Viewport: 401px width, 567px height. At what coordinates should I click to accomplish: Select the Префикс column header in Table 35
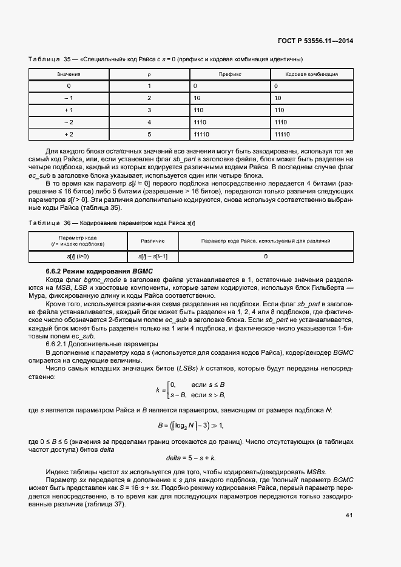tap(230, 73)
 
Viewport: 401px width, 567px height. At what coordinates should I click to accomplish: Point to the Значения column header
tap(69, 73)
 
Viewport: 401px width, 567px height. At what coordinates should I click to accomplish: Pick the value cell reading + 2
tap(69, 134)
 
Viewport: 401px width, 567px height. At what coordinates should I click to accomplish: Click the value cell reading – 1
tap(69, 98)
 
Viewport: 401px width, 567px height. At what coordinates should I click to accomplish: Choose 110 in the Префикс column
tap(198, 110)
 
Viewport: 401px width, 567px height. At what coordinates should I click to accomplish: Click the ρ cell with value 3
tap(149, 110)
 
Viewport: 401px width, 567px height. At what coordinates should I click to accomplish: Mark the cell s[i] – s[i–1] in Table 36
tap(149, 257)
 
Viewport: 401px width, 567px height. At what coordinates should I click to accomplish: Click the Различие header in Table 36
tap(149, 241)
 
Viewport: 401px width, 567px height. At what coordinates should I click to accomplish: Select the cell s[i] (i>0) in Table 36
tap(78, 257)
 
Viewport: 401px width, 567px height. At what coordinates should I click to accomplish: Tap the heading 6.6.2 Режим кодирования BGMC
tap(99, 270)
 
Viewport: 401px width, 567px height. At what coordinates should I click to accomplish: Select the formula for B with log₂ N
tap(190, 425)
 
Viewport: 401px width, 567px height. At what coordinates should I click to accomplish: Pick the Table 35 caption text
tap(166, 59)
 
